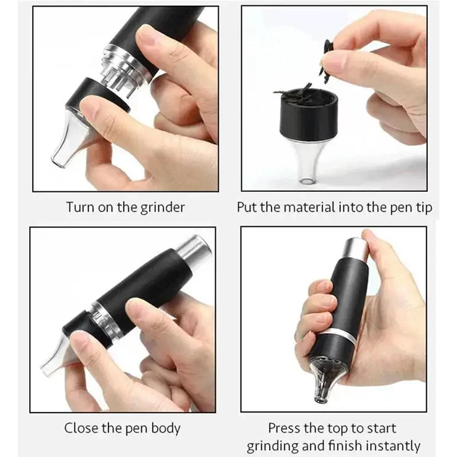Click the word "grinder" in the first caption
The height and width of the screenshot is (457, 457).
coord(162,207)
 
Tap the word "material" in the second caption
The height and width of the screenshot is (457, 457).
coord(305,207)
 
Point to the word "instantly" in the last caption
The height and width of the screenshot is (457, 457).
coord(391,446)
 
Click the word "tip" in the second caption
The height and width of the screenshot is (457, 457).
coord(423,207)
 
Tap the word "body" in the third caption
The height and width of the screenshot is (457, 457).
coord(169,428)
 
